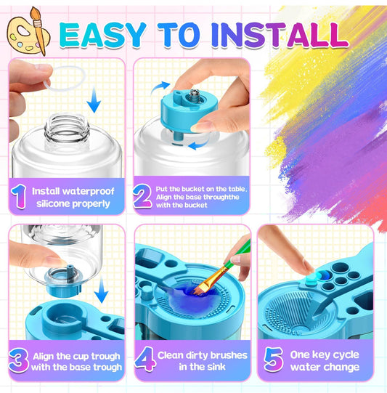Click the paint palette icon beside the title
tap(27, 31)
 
